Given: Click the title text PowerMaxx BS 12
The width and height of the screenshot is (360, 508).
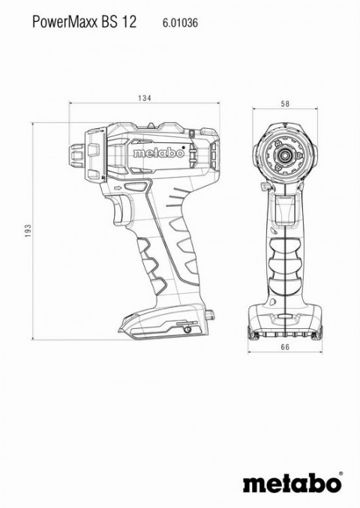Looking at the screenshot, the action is coord(84,22).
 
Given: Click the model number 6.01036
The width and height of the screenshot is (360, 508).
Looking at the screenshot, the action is coord(180,22).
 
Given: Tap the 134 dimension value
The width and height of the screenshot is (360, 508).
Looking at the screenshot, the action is coord(144,98).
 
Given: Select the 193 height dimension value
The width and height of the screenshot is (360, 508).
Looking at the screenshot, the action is coord(28,231).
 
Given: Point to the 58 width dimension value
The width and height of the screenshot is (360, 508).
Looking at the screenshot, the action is coord(285,103).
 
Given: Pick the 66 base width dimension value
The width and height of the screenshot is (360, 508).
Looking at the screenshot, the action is coord(285,347).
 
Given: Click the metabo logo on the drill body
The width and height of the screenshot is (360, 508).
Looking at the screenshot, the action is coord(159,153).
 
